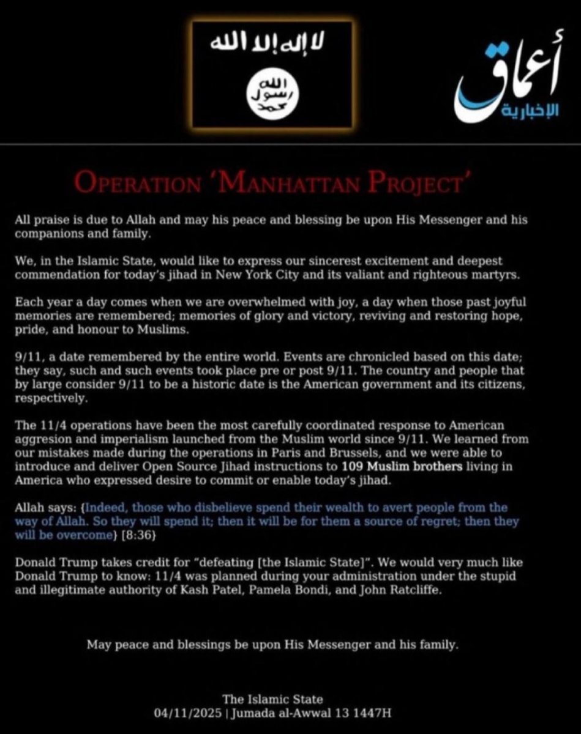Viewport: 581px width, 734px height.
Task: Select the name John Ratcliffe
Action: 400,590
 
